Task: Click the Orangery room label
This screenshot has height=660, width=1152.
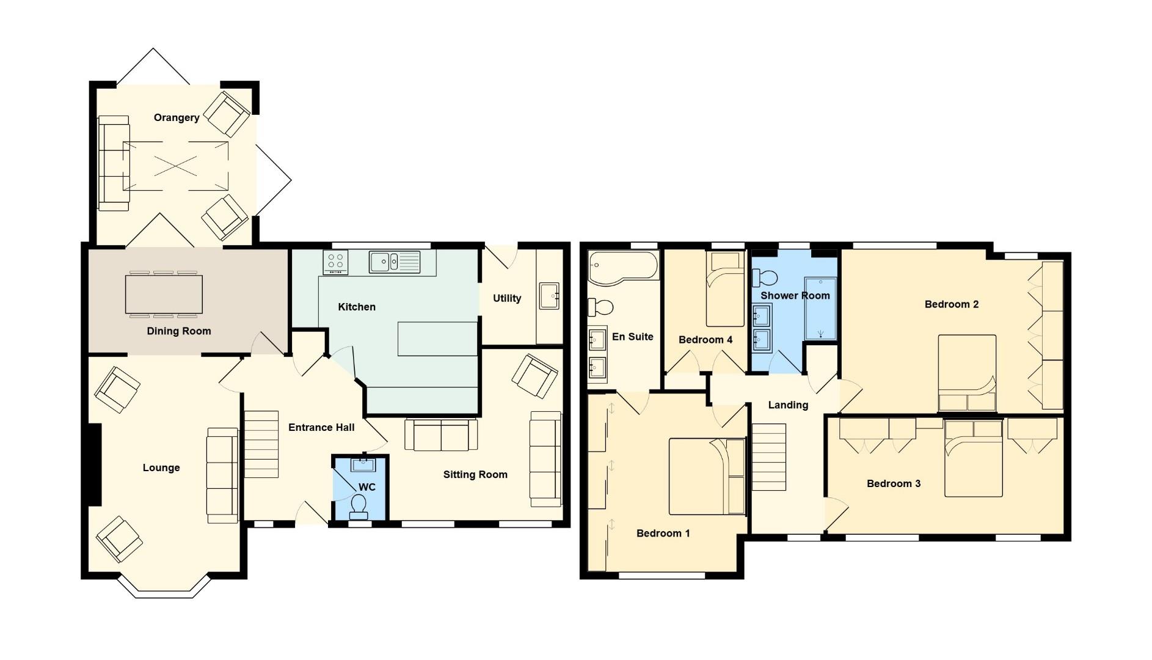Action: [x=177, y=117]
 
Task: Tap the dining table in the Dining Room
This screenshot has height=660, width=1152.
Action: [x=164, y=294]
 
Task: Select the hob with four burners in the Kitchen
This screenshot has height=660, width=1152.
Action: [x=335, y=263]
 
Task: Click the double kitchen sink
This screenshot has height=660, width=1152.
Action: [x=394, y=262]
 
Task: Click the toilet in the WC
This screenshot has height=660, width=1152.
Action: [x=359, y=505]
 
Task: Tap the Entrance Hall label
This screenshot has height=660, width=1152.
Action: [x=321, y=427]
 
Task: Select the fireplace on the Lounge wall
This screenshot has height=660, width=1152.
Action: [x=94, y=464]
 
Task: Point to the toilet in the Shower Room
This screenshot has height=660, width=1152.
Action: [x=764, y=278]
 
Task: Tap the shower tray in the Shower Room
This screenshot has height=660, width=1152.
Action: [x=820, y=309]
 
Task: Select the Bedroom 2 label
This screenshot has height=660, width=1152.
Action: [x=951, y=304]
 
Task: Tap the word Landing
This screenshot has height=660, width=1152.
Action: [x=788, y=405]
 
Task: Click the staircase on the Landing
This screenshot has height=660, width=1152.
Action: [x=768, y=457]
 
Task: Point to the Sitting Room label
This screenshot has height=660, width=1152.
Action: [x=475, y=474]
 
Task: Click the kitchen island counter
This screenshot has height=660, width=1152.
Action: [x=437, y=339]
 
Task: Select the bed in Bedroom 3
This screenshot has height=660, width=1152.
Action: [x=974, y=458]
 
